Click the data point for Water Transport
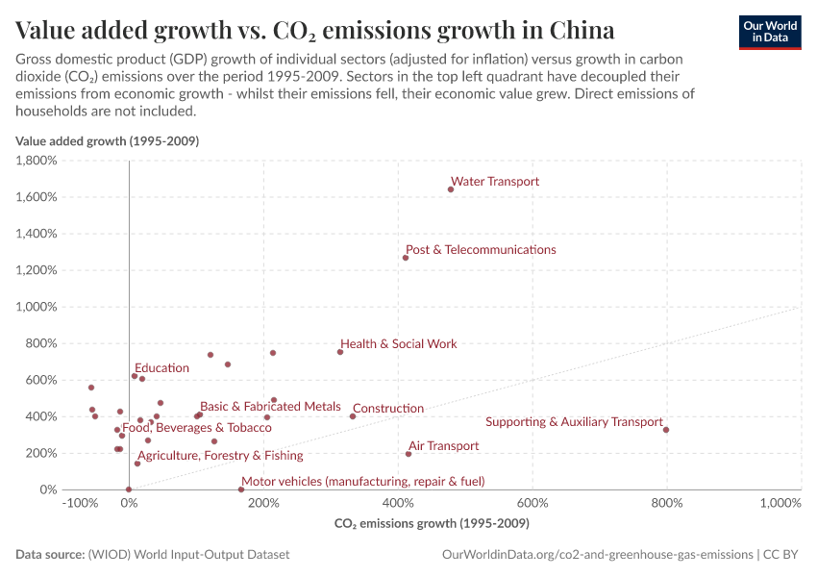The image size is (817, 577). pos(451,189)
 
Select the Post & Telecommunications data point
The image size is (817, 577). pos(406,258)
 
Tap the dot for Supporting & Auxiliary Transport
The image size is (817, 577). pos(666,430)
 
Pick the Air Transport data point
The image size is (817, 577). pos(408,454)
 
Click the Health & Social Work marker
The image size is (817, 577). pos(340,352)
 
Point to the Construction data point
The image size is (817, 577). pos(353,416)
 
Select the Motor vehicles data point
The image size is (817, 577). pos(241,489)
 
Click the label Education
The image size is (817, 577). pos(161,368)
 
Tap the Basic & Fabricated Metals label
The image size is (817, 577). pos(270,407)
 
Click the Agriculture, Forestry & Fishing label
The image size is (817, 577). pos(220,456)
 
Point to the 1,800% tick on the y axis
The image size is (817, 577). pos(37,161)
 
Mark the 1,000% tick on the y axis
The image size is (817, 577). pos(37,307)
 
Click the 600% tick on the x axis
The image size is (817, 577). pos(532,503)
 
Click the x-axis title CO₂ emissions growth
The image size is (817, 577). pos(432,524)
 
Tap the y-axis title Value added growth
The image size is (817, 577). pos(107,141)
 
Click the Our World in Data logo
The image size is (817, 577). pos(769,31)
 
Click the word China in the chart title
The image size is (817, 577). pos(582,29)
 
